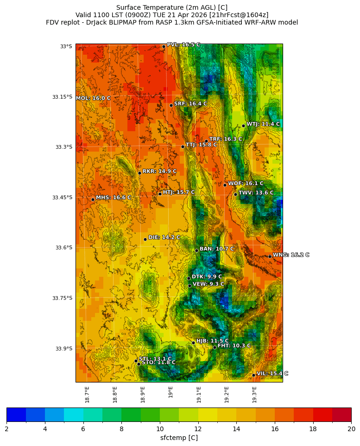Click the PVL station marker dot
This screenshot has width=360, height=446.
164,46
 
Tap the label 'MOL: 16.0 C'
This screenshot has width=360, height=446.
93,98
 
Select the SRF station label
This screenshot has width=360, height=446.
190,104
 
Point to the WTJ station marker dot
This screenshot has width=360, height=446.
243,126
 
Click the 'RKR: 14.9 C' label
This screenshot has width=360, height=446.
159,171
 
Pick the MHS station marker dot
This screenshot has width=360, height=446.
93,199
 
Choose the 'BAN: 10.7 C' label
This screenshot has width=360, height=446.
217,249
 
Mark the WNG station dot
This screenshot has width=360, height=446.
270,256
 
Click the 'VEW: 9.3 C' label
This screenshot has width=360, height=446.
208,284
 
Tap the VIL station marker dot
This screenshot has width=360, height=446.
254,375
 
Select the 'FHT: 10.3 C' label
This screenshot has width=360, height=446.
234,346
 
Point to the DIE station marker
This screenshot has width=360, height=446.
145,239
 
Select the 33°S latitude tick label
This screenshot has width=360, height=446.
66,46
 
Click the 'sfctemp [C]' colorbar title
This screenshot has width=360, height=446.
179,438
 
